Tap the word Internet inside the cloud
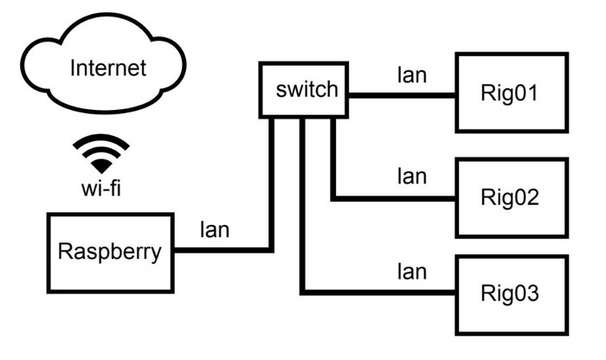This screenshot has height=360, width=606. click(x=107, y=67)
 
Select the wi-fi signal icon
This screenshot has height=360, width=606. click(x=101, y=153)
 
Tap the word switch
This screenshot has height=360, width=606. click(x=305, y=89)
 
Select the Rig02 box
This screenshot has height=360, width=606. click(x=512, y=197)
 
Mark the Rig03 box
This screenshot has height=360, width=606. click(x=512, y=293)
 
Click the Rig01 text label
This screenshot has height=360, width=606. click(x=511, y=93)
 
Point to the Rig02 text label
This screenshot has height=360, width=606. click(x=511, y=197)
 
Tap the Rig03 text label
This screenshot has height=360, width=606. click(x=511, y=293)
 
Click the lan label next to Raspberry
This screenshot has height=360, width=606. click(x=215, y=229)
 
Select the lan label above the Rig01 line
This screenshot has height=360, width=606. click(x=411, y=75)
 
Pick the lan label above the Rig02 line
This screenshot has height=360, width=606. click(x=411, y=177)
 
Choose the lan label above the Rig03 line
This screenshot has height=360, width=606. click(x=411, y=272)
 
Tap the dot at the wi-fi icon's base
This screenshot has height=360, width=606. click(x=101, y=166)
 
